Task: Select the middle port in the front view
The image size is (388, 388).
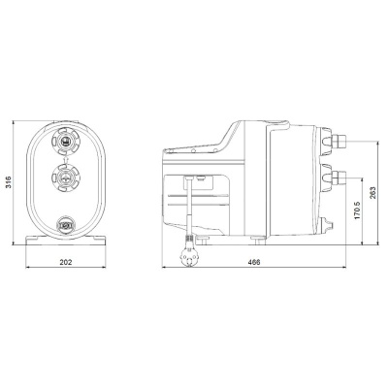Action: [x=67, y=178]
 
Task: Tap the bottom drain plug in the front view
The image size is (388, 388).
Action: [x=67, y=227]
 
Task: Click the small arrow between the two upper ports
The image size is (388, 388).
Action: [x=67, y=159]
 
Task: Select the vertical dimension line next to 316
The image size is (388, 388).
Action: [x=16, y=181]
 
